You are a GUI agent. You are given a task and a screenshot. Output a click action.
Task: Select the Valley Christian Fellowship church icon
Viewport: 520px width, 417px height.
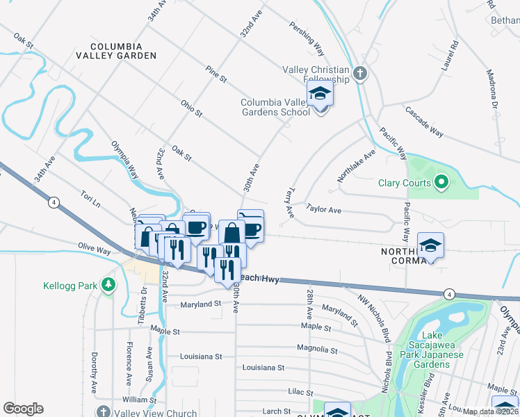359,72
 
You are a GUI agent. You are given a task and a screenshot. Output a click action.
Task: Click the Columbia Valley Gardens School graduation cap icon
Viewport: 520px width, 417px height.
320,93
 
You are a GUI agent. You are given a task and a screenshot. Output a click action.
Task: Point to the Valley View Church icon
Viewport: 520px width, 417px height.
102,413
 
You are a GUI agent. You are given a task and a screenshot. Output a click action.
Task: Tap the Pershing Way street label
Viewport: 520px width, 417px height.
307,41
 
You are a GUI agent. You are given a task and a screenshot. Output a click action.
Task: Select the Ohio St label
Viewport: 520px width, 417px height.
191,109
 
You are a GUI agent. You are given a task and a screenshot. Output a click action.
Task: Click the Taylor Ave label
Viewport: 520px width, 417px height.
324,208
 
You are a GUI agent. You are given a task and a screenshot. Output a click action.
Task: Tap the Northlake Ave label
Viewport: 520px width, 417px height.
356,165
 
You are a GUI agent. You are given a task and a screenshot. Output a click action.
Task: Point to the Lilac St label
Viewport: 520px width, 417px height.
301,393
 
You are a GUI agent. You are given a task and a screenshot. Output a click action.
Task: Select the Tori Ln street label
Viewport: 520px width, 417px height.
90,199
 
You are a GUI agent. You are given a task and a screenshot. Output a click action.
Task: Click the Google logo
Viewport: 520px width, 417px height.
23,409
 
